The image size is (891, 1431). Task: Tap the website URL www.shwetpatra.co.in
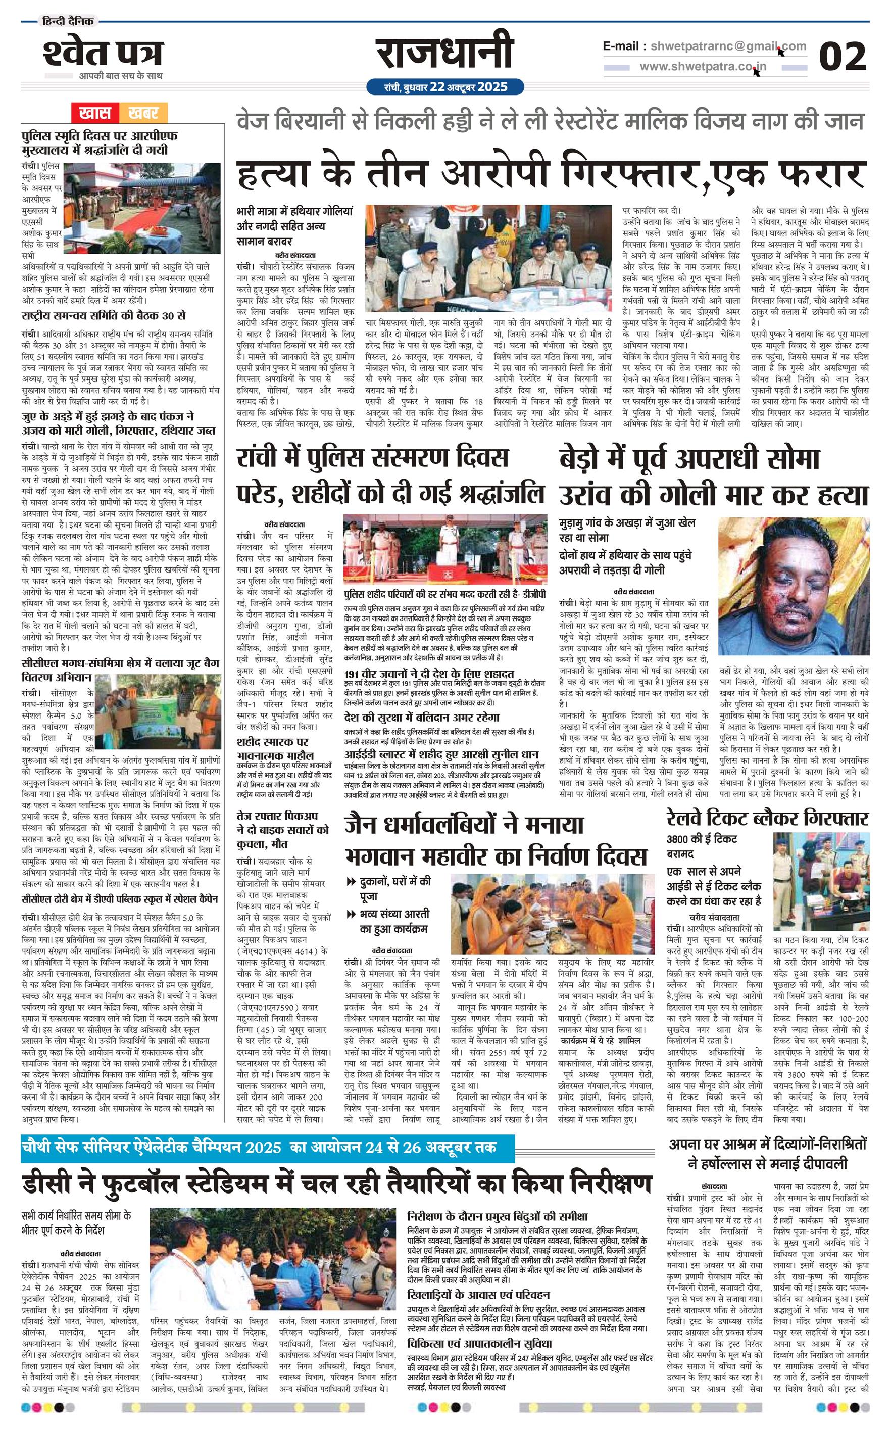click(703, 67)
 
